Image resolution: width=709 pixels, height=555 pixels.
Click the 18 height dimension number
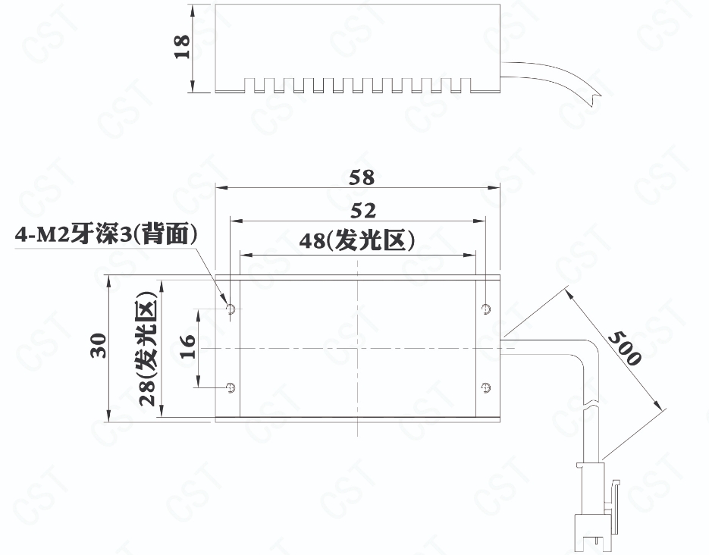(182, 46)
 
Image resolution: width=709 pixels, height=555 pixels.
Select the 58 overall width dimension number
(362, 177)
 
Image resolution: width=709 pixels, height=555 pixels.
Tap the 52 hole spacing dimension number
(363, 211)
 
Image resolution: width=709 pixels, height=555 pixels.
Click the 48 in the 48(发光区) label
(312, 241)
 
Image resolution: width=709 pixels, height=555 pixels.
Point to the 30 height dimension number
(99, 346)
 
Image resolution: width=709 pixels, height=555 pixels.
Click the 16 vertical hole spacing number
(188, 346)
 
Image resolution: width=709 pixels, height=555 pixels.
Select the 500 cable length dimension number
(625, 348)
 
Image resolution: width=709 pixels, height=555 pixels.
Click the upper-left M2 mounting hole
(231, 309)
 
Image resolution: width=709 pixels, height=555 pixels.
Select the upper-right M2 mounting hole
(486, 309)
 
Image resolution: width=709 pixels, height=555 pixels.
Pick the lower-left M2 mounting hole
(231, 387)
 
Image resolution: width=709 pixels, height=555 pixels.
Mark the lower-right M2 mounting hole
(486, 387)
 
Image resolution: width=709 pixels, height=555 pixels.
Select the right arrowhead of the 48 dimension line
(471, 256)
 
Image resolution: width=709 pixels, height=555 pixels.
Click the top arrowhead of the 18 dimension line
(193, 10)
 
